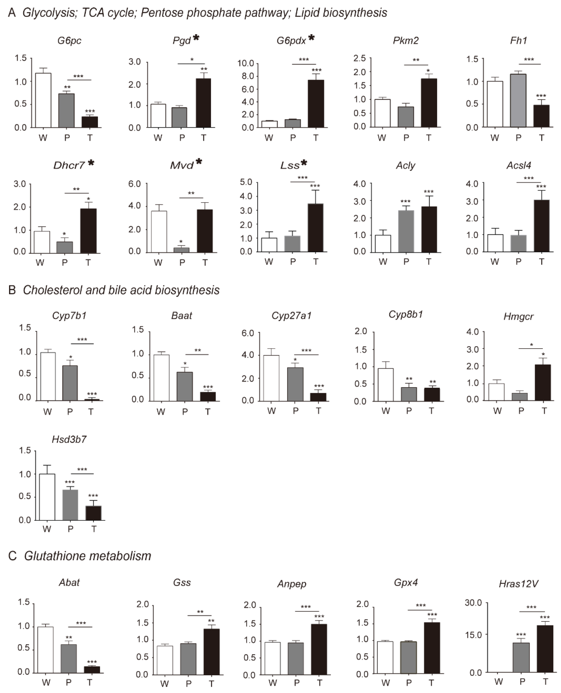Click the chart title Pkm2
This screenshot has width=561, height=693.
[x=406, y=40]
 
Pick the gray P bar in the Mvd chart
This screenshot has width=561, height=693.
[x=182, y=250]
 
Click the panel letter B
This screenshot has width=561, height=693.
[x=12, y=290]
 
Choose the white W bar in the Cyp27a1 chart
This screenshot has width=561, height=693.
[x=272, y=378]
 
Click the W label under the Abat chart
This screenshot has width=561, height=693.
[x=46, y=683]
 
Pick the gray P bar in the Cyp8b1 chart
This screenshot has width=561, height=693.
[x=409, y=394]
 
